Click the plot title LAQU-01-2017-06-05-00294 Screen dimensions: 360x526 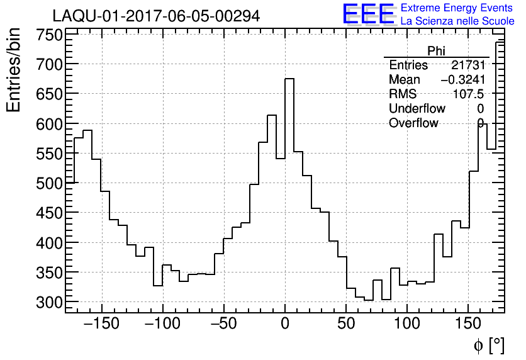tap(156, 16)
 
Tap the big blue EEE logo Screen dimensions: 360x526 tap(368, 14)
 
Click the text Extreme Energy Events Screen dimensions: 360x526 tap(457, 8)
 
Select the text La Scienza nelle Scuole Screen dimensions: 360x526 tap(457, 21)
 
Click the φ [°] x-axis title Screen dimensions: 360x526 tap(488, 345)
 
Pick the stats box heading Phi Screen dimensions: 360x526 tap(436, 51)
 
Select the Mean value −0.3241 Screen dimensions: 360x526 tap(462, 80)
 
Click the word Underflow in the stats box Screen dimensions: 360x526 tap(417, 108)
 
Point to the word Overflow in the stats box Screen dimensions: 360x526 tap(413, 123)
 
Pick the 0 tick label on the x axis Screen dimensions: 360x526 tap(285, 323)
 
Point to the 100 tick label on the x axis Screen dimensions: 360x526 tap(407, 323)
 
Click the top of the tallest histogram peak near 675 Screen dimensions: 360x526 tap(289, 79)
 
